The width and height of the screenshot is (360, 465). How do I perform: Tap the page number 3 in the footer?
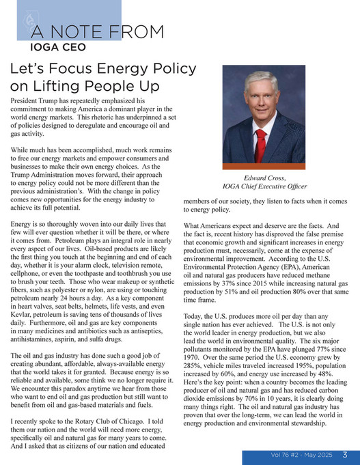point(346,455)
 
